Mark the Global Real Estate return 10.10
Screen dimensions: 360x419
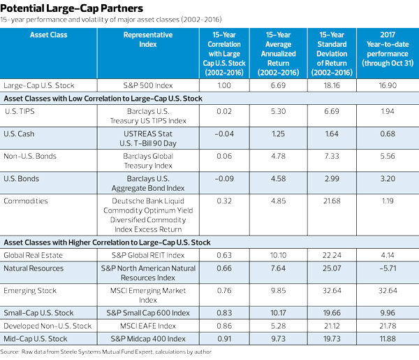click(x=277, y=255)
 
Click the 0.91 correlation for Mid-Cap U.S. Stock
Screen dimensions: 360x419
click(x=221, y=338)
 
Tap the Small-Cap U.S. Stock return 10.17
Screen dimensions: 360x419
click(x=277, y=313)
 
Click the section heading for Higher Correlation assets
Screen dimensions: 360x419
click(x=106, y=243)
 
